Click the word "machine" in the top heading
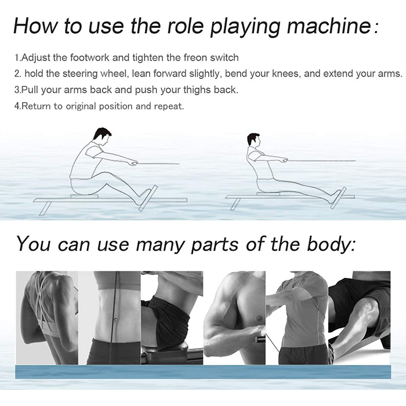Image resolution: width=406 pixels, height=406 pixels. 329,26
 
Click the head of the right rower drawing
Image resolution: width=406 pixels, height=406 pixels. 254,140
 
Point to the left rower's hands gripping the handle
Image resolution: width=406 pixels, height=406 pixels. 134,163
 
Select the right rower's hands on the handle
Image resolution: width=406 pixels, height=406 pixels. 284,161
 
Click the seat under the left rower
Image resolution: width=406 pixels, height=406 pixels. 84,197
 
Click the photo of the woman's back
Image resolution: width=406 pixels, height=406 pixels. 47,318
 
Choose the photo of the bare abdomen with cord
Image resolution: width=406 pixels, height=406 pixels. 110,318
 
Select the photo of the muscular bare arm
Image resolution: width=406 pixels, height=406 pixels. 234,318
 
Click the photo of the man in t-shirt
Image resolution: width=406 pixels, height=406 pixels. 297,318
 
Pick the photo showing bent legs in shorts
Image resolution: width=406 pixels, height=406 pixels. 360,318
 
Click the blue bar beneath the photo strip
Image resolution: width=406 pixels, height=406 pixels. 203,372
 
